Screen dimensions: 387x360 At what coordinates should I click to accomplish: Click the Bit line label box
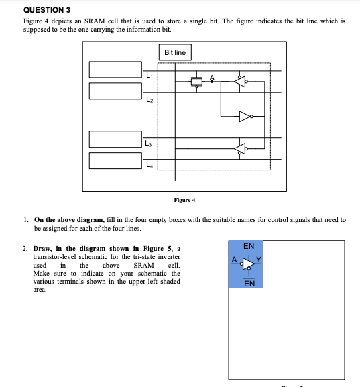[175, 52]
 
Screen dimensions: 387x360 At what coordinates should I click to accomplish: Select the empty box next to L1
[116, 70]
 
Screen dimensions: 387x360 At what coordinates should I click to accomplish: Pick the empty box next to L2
[116, 91]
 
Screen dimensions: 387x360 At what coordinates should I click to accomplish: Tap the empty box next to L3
[116, 139]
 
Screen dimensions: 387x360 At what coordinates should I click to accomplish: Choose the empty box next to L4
[116, 160]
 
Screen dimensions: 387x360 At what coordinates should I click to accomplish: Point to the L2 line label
[149, 99]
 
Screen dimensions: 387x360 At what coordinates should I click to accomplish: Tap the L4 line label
[149, 165]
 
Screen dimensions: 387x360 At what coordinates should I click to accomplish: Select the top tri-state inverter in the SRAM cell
[241, 82]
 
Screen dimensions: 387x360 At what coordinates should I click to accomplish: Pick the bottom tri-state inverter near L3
[241, 148]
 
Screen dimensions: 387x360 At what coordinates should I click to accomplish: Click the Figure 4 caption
[184, 200]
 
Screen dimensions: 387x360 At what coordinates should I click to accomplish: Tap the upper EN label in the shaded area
[248, 246]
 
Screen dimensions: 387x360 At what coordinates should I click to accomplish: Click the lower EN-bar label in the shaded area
[248, 283]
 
